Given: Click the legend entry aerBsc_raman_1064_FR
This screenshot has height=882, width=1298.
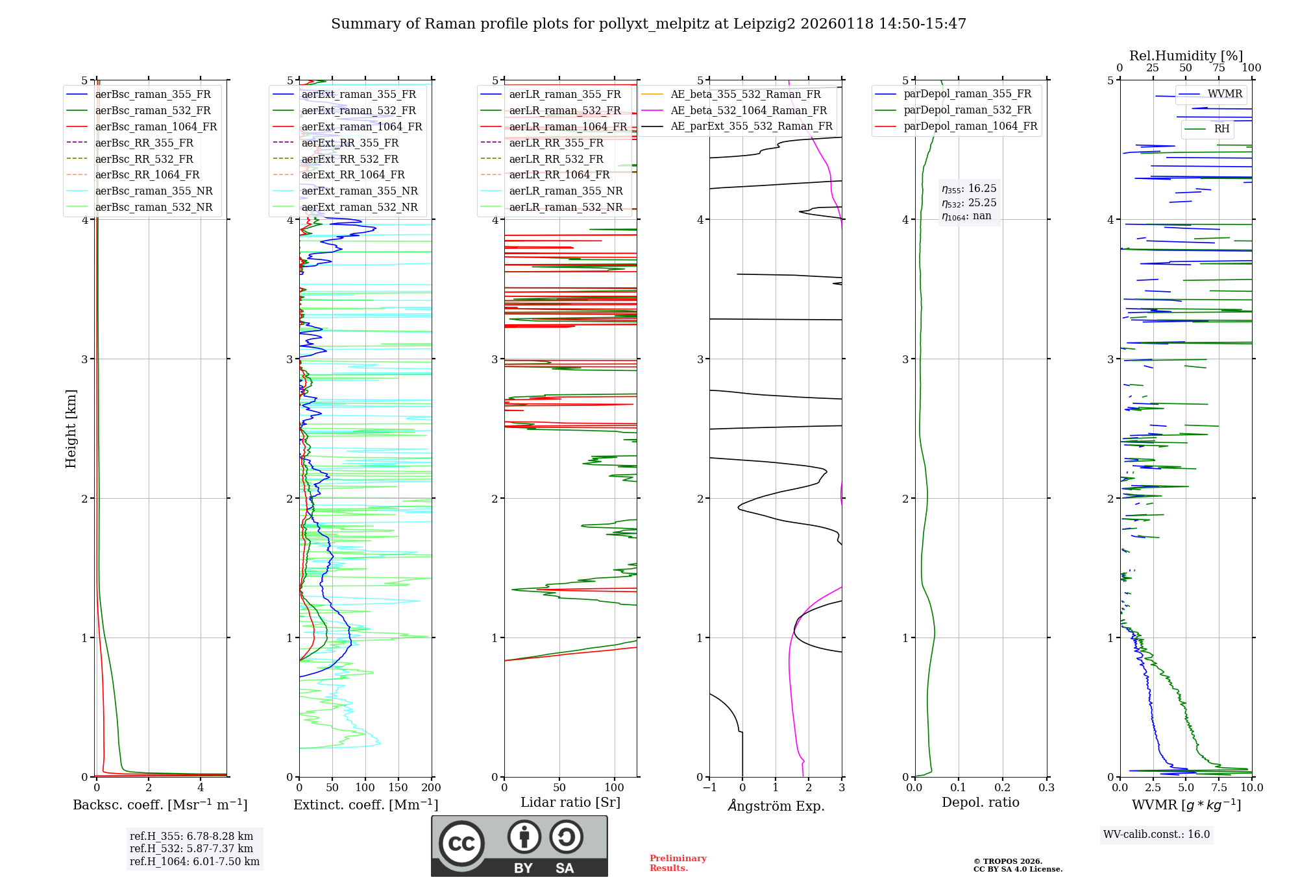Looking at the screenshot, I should tap(156, 127).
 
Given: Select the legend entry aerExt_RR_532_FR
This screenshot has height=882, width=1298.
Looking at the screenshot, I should tap(350, 159).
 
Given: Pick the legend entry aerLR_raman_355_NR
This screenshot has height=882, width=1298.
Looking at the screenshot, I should tap(565, 191).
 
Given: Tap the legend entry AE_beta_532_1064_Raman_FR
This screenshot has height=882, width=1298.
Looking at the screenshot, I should tap(748, 110).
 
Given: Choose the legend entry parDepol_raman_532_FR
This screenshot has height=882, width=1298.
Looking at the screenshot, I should tap(967, 110).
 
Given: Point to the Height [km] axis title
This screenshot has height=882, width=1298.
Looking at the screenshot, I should tap(71, 429).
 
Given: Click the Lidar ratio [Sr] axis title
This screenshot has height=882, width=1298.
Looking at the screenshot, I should tap(570, 802).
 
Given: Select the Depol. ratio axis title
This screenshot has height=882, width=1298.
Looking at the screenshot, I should tap(980, 802).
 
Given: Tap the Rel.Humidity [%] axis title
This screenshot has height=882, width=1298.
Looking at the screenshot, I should tap(1186, 56).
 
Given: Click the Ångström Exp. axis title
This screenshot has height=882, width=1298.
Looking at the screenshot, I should tap(776, 805).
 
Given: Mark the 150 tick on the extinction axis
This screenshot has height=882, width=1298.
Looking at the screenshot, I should tap(398, 787).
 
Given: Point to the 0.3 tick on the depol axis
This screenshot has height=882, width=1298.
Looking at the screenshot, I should tap(1046, 787).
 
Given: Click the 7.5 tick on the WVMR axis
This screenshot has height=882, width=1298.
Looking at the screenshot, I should tap(1219, 787).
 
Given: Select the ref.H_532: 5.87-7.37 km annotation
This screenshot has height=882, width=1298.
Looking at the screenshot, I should tap(191, 848).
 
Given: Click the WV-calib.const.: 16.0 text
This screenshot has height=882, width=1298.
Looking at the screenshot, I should tap(1157, 834).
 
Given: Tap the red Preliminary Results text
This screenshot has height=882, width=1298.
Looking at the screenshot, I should tap(678, 863).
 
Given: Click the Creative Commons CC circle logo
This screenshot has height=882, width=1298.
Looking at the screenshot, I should tap(461, 844).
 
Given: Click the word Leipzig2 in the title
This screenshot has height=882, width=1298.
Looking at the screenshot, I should tap(764, 24).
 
